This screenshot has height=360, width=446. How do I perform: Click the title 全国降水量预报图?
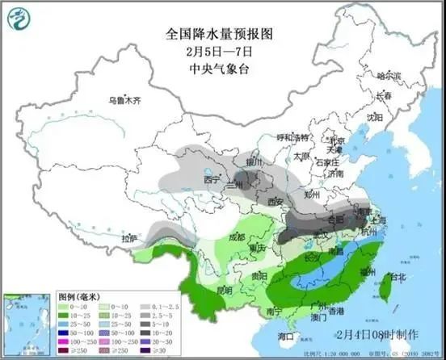221,35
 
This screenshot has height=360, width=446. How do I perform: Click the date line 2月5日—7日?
221,51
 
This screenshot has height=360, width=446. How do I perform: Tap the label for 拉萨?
130,240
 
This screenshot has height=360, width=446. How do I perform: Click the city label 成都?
236,237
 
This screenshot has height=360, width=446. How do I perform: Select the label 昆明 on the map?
224,289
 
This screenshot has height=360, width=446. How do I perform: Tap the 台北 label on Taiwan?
398,278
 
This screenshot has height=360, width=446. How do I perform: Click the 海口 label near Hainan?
285,335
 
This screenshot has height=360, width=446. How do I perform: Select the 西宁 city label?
212,180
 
